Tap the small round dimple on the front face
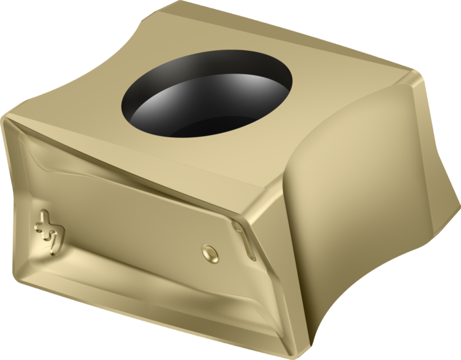(x=210, y=253)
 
